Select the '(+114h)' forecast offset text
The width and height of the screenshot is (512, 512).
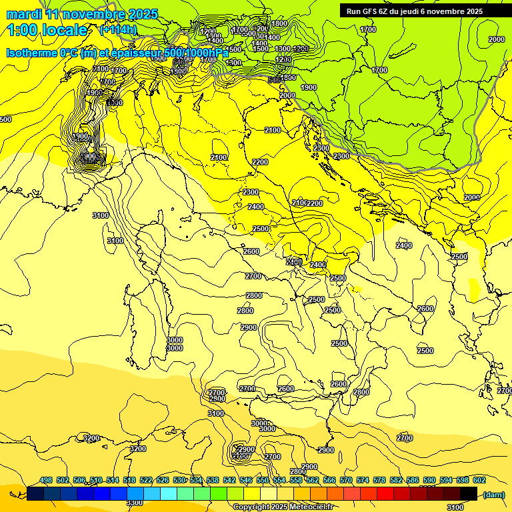pyautogui.click(x=118, y=29)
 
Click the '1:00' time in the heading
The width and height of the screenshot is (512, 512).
pyautogui.click(x=21, y=30)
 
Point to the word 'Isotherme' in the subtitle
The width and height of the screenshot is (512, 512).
pyautogui.click(x=31, y=53)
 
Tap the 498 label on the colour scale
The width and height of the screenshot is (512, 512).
pyautogui.click(x=46, y=481)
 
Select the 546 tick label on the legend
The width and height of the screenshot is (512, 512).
pyautogui.click(x=246, y=481)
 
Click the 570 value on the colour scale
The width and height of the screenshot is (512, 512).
pyautogui.click(x=346, y=481)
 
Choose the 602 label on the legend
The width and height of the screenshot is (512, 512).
pyautogui.click(x=479, y=481)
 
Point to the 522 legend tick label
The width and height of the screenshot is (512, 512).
pyautogui.click(x=146, y=481)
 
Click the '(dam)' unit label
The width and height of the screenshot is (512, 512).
pyautogui.click(x=493, y=495)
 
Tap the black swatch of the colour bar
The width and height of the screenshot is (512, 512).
pyautogui.click(x=469, y=493)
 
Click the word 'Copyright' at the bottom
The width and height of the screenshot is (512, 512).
pyautogui.click(x=251, y=507)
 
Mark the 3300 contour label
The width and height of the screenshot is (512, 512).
pyautogui.click(x=135, y=503)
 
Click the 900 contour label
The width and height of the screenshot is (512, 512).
pyautogui.click(x=90, y=157)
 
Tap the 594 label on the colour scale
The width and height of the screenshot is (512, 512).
pyautogui.click(x=446, y=481)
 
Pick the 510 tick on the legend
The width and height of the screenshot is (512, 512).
pyautogui.click(x=96, y=481)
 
